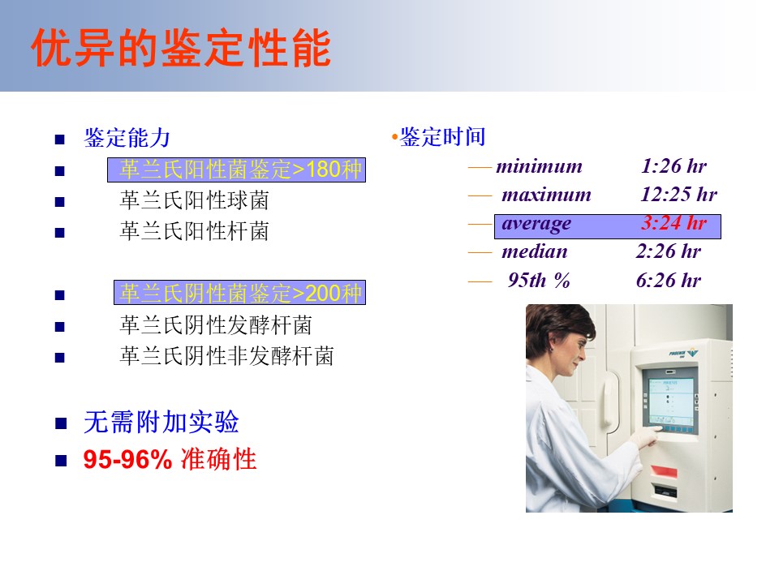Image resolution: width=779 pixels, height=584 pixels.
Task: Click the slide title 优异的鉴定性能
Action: (181, 48)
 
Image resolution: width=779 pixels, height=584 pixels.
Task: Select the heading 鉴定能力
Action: (127, 138)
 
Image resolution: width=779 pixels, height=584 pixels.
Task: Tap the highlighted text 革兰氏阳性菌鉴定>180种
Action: (240, 170)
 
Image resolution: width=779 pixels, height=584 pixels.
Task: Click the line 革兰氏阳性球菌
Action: (194, 200)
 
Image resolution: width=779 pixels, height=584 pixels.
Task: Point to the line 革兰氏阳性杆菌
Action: (194, 231)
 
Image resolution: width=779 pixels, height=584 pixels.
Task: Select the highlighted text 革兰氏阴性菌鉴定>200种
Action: (240, 293)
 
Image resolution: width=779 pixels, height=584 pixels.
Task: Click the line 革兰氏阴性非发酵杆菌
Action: (226, 356)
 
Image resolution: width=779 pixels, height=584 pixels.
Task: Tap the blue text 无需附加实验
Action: (161, 423)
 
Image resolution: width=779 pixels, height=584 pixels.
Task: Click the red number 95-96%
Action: (127, 459)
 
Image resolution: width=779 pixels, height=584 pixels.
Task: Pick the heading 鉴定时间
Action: (443, 136)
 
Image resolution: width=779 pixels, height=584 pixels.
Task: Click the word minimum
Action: (539, 165)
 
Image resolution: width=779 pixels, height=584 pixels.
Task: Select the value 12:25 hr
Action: (678, 194)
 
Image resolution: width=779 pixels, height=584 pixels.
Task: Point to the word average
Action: (536, 225)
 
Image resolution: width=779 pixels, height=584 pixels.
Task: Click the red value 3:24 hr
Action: (674, 222)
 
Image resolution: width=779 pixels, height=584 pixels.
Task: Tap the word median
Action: (535, 251)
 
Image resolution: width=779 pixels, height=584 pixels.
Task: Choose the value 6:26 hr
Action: (668, 281)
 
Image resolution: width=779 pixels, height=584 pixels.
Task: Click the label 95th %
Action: (539, 281)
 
